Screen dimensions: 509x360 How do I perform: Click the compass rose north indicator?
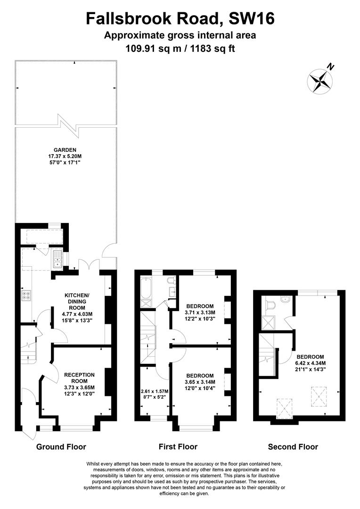point(320,80)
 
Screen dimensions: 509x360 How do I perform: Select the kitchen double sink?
point(57,259)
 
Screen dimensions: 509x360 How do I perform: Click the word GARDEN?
point(65,150)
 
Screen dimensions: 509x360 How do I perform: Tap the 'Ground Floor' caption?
point(61,447)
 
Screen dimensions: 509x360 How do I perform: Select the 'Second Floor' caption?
point(293,447)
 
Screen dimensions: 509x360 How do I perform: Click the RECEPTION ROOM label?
point(79,378)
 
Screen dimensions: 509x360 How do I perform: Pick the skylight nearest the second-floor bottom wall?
point(285,407)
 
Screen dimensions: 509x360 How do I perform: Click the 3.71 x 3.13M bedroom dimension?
point(200,312)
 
